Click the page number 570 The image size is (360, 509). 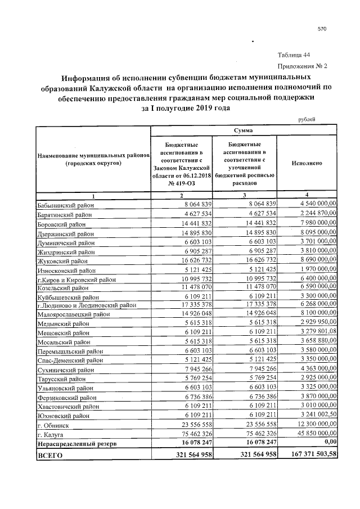pos(322,29)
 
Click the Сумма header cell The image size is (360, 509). pos(243,130)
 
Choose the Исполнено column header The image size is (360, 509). pos(307,163)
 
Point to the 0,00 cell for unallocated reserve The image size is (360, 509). pos(326,444)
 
